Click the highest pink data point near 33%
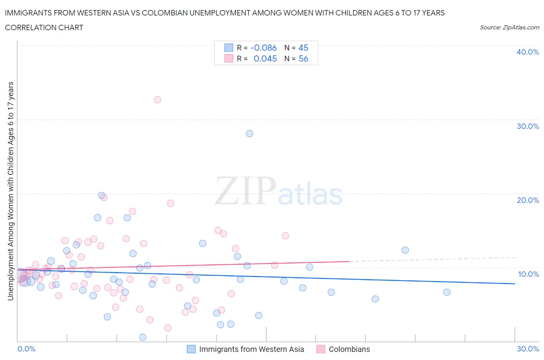coord(157,99)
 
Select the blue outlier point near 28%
coord(250,134)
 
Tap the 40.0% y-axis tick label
coord(527,52)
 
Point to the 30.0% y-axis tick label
coord(527,126)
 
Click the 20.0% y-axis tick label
coord(527,200)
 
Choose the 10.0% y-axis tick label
coord(528,274)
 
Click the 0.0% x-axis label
coord(26,349)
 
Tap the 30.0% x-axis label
coord(528,349)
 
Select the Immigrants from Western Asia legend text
coord(251,349)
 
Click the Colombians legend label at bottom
coord(349,349)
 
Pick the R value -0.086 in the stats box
coord(263,48)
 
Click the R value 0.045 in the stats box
coord(265,58)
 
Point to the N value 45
coord(303,48)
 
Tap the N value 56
coord(303,58)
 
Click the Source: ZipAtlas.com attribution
coord(509,27)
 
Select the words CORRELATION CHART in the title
coord(44,27)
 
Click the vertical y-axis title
coord(10,191)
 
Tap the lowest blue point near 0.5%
coord(142,337)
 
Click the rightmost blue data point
coord(447,292)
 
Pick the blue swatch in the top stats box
coord(229,48)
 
